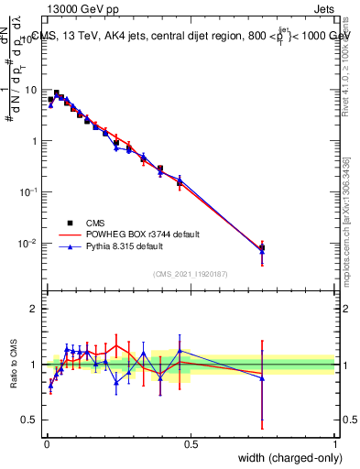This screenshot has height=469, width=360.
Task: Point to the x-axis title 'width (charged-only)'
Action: [285, 458]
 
